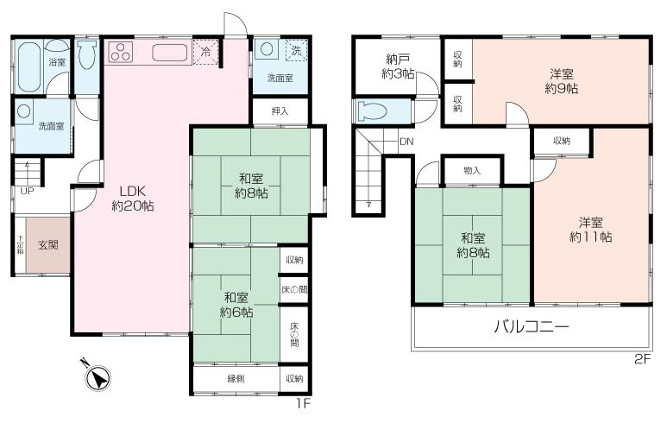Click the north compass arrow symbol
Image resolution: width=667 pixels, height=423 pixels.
click(98, 376)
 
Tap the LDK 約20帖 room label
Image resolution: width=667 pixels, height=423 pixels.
click(133, 199)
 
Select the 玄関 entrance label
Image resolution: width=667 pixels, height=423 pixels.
click(47, 245)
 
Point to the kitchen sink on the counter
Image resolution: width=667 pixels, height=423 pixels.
click(170, 53)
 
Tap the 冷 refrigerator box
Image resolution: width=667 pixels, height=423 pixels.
click(205, 53)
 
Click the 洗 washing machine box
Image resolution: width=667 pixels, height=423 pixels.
click(296, 51)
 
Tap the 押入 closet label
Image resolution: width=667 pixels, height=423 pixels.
click(280, 111)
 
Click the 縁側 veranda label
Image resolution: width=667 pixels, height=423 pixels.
click(237, 379)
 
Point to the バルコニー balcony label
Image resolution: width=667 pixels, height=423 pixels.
click(531, 328)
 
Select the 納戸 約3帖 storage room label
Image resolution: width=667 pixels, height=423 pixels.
click(398, 66)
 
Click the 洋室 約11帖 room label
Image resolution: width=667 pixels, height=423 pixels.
click(591, 229)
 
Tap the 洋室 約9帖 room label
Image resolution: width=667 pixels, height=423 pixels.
click(561, 80)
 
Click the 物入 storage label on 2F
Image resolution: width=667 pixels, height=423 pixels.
click(471, 171)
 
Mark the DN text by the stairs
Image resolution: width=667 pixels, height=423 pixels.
click(405, 142)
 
